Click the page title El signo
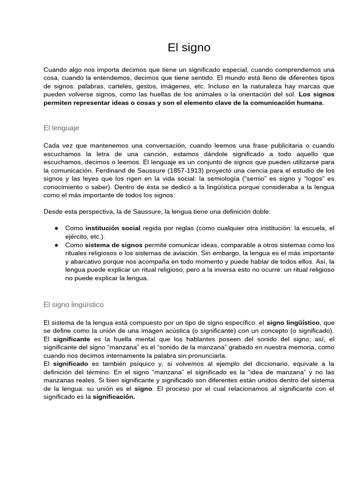coord(189,47)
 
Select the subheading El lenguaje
coord(61,127)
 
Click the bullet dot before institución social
coord(56,228)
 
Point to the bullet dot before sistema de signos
coord(56,245)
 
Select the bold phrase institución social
coord(112,228)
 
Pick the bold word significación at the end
coord(114,397)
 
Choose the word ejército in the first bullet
coord(76,237)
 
